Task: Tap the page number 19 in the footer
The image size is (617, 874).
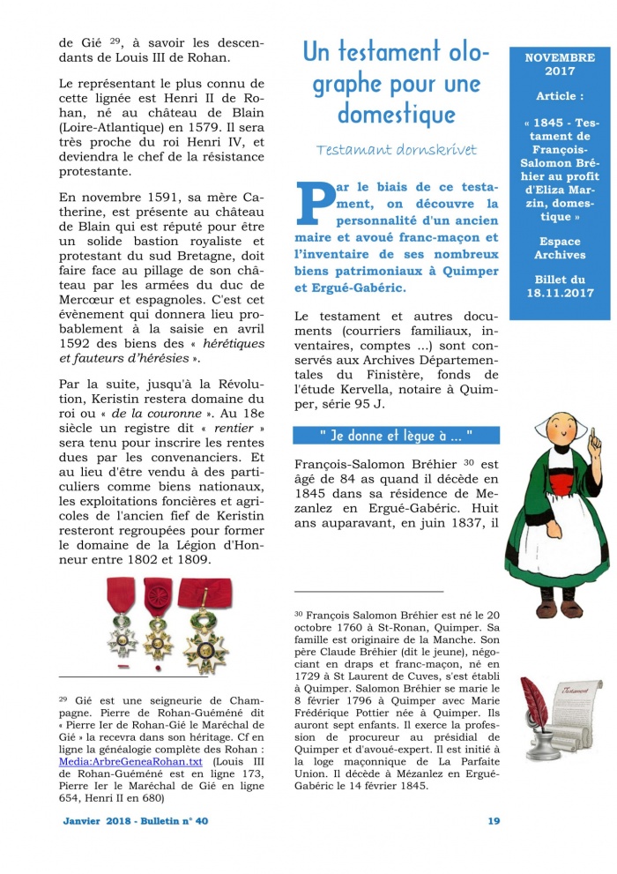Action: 494,821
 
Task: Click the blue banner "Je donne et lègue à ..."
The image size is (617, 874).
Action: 396,436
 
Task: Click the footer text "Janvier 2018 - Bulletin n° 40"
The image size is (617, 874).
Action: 136,821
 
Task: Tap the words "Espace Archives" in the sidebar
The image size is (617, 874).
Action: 560,248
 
